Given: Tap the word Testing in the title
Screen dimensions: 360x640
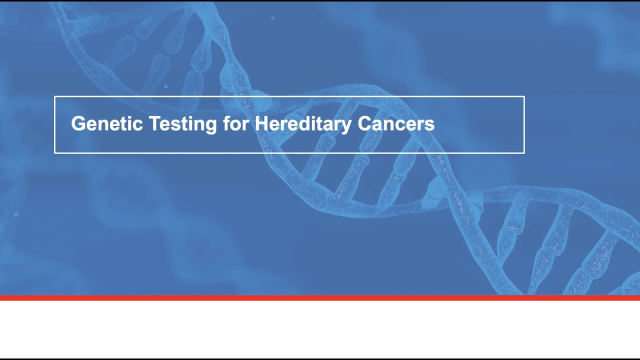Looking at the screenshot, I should [x=182, y=124].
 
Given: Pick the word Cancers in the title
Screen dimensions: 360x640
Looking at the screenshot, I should [x=396, y=123].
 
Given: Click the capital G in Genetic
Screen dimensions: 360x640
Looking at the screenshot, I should [x=78, y=123].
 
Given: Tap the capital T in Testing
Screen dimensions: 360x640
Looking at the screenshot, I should [x=153, y=123].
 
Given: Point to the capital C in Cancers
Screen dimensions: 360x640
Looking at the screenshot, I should [x=364, y=123].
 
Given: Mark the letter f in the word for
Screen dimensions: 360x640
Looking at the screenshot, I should [x=226, y=123].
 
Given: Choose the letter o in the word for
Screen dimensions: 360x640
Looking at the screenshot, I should [x=235, y=125].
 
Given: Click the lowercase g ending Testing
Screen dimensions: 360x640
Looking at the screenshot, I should [x=211, y=125].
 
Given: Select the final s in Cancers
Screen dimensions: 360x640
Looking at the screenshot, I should [x=430, y=125].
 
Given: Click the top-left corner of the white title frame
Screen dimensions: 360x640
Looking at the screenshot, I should [x=54, y=96].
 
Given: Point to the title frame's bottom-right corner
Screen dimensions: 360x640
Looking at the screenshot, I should [x=524, y=152].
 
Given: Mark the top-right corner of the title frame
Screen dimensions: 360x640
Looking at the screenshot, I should [x=524, y=96].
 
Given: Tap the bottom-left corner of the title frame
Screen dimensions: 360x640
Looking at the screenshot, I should [x=54, y=152].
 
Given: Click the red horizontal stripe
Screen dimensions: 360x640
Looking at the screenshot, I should [x=320, y=298].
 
